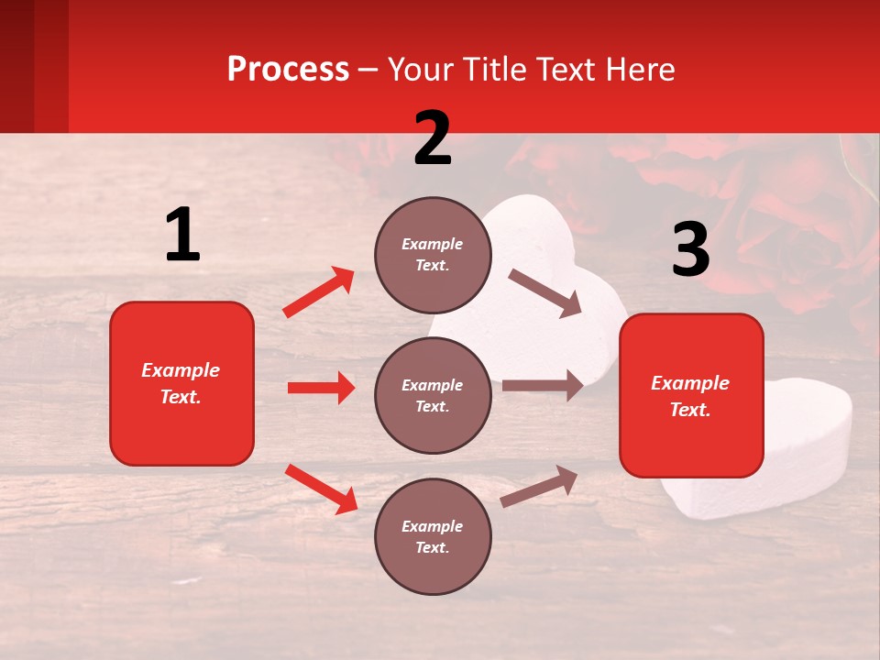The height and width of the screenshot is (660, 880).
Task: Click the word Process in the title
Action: (288, 69)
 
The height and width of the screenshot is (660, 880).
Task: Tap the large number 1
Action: (182, 236)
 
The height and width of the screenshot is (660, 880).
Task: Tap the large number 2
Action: (433, 138)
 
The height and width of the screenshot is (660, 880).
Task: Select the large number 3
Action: (690, 249)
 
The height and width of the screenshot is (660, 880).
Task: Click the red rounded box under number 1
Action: (181, 383)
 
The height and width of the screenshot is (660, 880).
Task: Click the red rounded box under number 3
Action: (691, 395)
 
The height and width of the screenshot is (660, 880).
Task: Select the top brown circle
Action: (433, 255)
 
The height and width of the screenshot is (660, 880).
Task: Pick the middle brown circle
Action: (433, 395)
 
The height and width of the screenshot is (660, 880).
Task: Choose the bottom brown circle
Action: (433, 536)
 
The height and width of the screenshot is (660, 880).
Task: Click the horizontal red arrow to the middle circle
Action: (321, 388)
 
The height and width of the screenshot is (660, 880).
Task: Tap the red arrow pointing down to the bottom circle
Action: (321, 489)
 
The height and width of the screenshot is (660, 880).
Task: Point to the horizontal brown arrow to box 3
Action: (542, 386)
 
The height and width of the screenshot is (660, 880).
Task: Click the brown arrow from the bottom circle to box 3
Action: (539, 486)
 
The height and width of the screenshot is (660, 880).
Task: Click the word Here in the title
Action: (642, 69)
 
